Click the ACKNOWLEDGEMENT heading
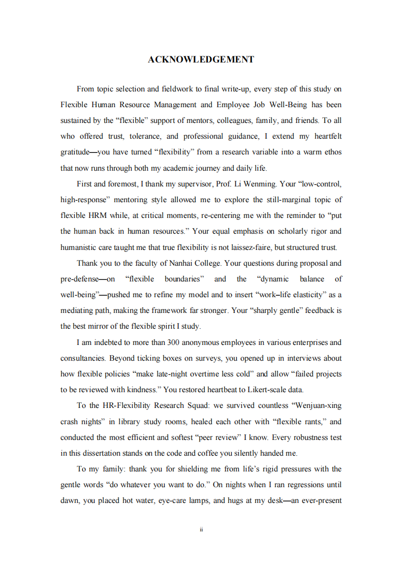[201, 59]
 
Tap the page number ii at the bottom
[201, 529]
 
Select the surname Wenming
[260, 183]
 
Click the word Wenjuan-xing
[318, 405]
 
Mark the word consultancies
[82, 358]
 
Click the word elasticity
[305, 295]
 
